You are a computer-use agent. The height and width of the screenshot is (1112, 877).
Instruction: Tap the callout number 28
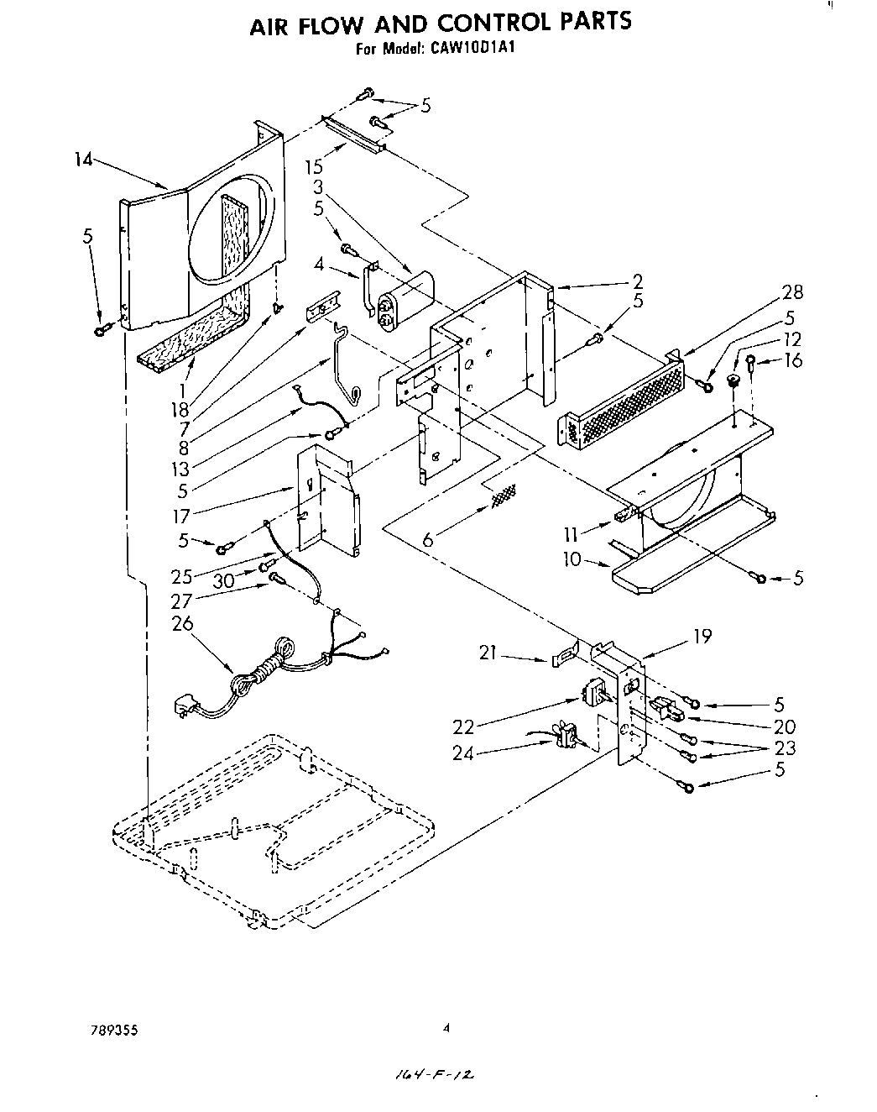click(791, 292)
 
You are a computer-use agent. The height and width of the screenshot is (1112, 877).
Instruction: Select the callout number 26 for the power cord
click(182, 623)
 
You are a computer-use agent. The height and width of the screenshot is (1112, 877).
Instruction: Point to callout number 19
click(702, 636)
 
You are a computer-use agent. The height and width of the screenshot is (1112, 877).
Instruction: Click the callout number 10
click(572, 559)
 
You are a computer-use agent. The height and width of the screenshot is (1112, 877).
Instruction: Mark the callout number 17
click(181, 516)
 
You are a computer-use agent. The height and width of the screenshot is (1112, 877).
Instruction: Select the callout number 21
click(489, 652)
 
